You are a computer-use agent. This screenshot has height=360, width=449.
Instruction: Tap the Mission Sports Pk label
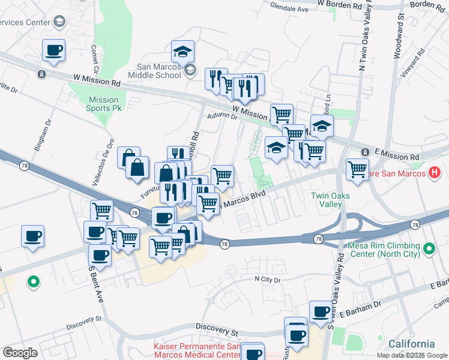pos(104,104)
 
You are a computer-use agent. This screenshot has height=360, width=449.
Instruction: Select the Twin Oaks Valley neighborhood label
pos(330,200)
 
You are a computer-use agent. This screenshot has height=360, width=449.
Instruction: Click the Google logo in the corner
pos(20,353)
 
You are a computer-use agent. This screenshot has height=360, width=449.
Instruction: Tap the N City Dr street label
pos(268,280)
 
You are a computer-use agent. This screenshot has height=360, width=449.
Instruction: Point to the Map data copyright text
pos(412,355)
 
